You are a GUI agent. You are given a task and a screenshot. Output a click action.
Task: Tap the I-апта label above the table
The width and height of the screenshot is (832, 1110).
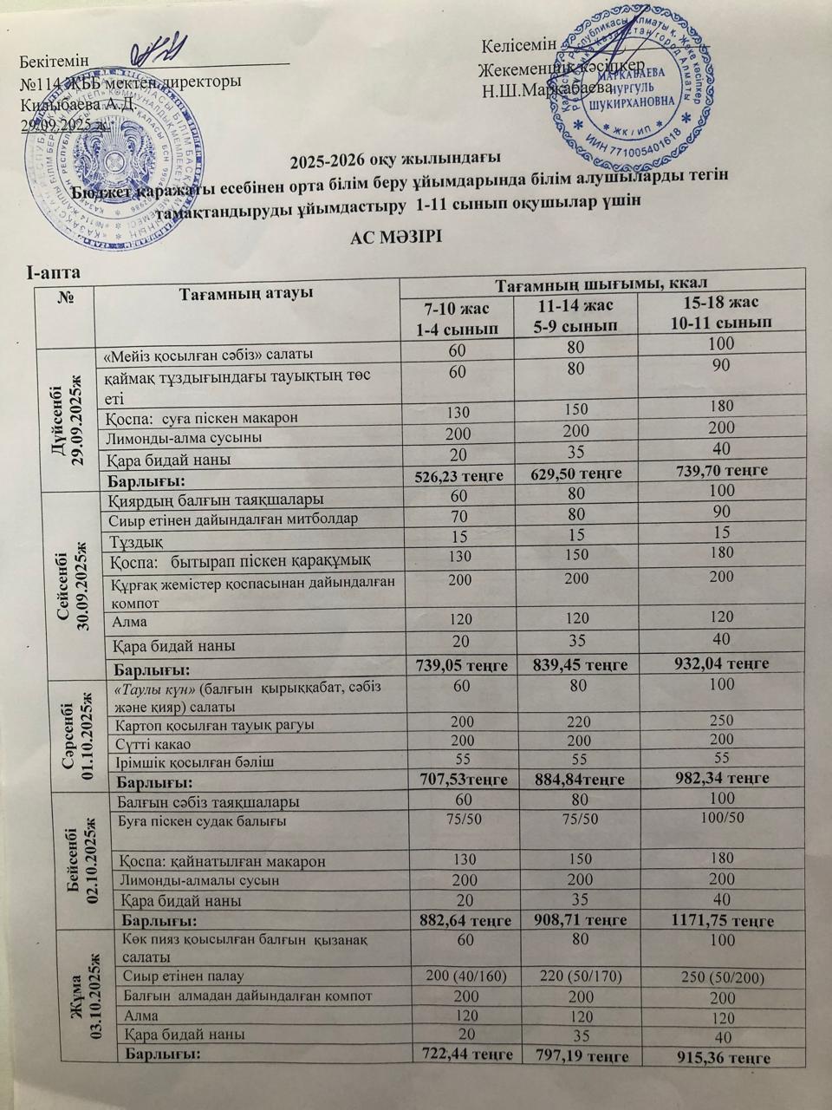tap(54, 273)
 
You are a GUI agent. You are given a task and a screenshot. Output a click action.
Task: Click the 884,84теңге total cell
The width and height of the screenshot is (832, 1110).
tap(572, 779)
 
